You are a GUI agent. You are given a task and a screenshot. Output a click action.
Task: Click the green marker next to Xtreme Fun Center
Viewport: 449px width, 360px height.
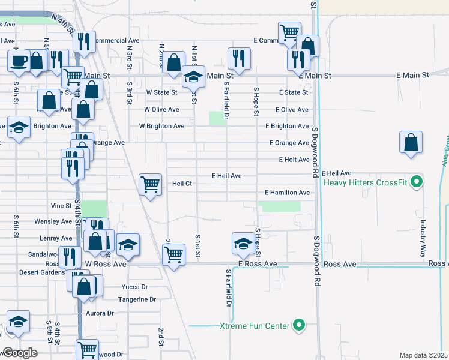point(298,326)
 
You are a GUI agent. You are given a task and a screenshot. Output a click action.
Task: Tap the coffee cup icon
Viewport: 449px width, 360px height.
point(19,60)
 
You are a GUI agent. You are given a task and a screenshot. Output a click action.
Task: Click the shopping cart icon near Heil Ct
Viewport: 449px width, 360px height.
point(150,184)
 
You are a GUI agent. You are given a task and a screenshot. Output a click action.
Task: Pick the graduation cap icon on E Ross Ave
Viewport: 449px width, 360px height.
point(243,244)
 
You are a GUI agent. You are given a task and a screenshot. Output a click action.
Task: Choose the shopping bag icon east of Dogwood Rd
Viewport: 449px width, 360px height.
point(411,143)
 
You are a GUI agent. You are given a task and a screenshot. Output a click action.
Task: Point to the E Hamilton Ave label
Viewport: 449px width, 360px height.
point(287,193)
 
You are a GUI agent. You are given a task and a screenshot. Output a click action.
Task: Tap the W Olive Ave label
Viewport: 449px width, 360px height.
point(161,110)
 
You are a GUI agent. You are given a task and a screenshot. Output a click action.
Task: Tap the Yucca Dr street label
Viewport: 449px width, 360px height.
point(134,287)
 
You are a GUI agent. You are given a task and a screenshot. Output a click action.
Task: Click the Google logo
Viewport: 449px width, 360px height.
point(20,353)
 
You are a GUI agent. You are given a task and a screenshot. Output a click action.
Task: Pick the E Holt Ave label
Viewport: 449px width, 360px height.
point(294,160)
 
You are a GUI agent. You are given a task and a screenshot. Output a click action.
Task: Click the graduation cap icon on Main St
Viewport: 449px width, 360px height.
point(194,77)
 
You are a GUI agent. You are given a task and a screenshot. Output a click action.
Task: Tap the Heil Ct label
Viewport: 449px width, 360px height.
point(181,184)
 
